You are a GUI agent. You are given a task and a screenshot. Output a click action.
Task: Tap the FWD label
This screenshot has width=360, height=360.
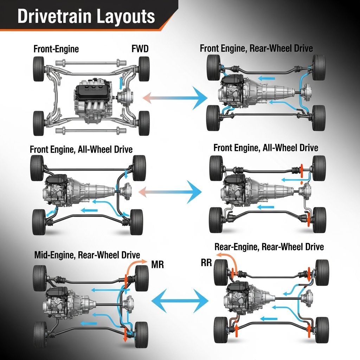point(140,49)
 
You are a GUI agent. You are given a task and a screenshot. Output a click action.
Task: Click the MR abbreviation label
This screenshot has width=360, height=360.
point(157,264)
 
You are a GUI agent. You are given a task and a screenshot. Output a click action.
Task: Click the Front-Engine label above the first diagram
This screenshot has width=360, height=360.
point(56,49)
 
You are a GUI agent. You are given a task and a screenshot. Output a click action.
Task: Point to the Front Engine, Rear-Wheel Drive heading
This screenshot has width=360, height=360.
point(256,48)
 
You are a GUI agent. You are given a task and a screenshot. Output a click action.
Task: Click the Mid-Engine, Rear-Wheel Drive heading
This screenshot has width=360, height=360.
point(87,255)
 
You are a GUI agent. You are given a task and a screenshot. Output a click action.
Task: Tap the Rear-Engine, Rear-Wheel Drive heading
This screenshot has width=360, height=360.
point(269,247)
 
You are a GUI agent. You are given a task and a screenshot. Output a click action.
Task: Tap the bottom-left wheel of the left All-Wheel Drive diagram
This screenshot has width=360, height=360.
point(39,222)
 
